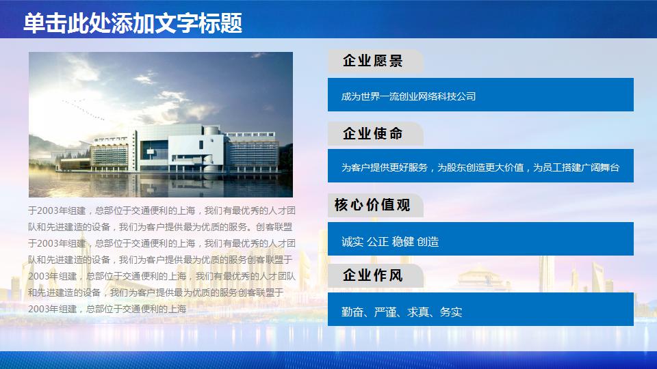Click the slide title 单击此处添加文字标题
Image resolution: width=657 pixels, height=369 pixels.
[133, 24]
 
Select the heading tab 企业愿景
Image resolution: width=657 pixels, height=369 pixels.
[373, 61]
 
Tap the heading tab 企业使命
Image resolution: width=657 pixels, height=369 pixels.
[373, 134]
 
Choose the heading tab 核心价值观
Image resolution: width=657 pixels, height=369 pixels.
[372, 205]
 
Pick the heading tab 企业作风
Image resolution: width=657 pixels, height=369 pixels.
[373, 276]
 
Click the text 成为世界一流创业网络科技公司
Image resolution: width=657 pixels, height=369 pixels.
[409, 96]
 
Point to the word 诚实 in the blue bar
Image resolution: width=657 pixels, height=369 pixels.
[352, 241]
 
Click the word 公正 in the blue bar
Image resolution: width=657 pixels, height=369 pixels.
[378, 241]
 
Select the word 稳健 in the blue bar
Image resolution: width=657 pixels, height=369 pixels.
[403, 241]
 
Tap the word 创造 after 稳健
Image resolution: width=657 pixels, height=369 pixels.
[428, 241]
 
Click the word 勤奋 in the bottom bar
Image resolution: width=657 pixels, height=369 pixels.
[352, 312]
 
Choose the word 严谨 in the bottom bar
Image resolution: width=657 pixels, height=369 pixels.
[385, 312]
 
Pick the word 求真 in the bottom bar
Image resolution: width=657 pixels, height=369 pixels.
[419, 312]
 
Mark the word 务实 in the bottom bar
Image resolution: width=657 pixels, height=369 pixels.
[451, 312]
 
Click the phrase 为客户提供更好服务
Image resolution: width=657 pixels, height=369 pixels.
[385, 167]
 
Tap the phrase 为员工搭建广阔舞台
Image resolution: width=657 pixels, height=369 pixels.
[576, 167]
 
